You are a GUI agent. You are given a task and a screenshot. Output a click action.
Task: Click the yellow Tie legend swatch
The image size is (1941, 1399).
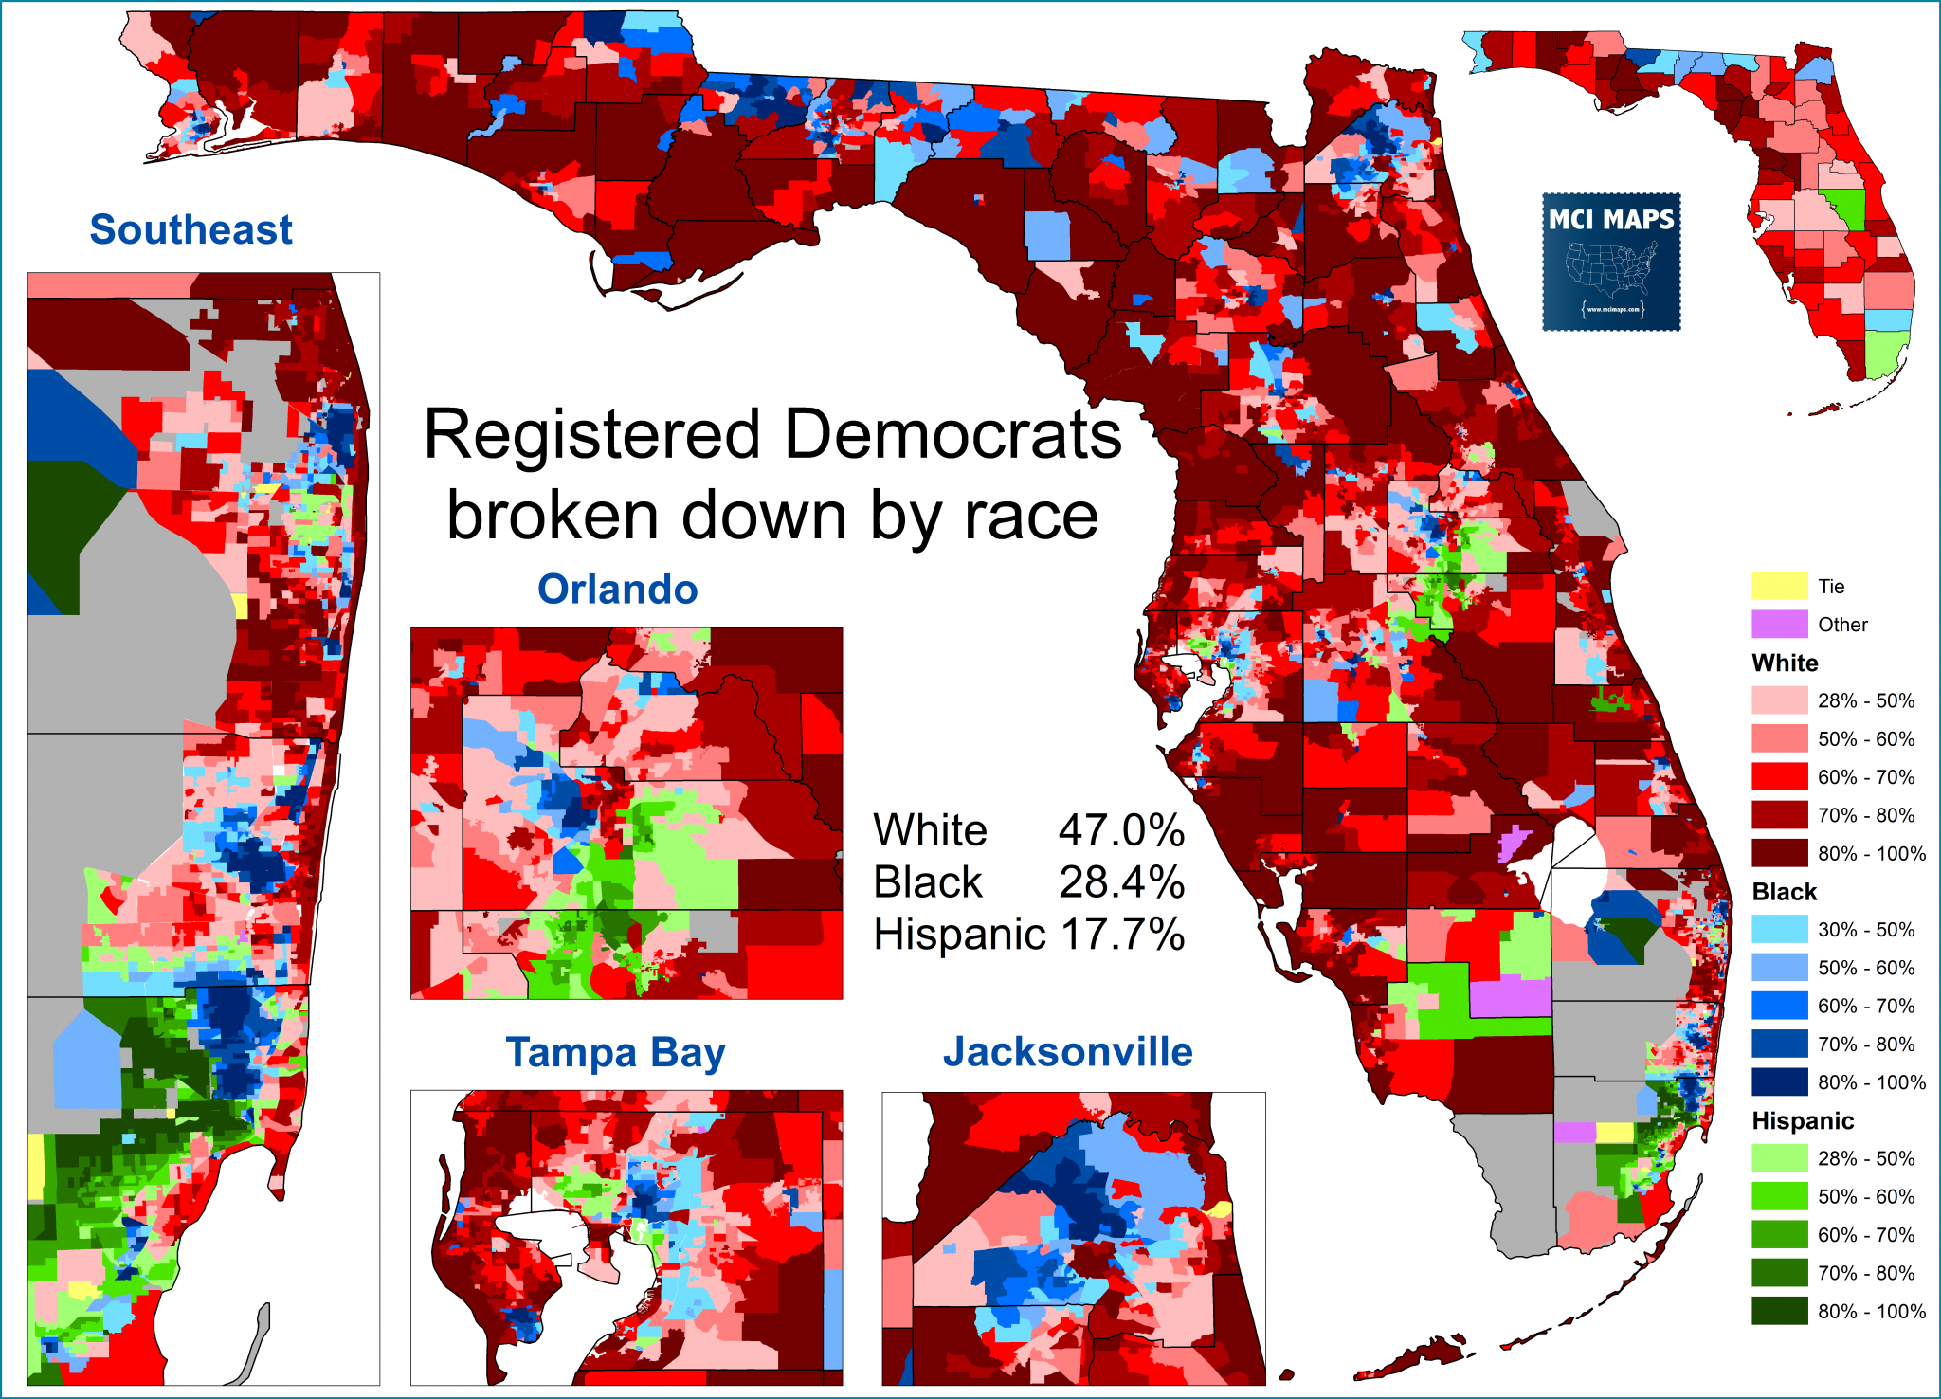click(x=1779, y=586)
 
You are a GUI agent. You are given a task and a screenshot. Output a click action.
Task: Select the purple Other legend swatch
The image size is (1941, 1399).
click(x=1779, y=624)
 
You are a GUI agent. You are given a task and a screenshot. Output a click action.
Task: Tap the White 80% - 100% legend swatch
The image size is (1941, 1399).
click(x=1779, y=853)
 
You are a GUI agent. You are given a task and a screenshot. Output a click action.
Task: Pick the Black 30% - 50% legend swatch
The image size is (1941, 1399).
click(x=1779, y=929)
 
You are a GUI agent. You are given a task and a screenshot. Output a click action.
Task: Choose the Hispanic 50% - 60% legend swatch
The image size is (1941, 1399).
click(x=1779, y=1196)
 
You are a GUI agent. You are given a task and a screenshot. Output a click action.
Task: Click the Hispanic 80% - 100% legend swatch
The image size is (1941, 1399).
click(x=1779, y=1311)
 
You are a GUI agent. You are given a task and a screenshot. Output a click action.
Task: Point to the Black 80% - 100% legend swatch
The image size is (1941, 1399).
click(x=1779, y=1081)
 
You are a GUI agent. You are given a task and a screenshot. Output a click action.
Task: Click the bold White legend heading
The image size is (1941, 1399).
click(x=1785, y=663)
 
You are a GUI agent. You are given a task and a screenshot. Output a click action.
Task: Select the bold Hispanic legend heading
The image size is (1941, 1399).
click(x=1802, y=1120)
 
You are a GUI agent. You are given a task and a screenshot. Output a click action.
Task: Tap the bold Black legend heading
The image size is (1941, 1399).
click(x=1784, y=891)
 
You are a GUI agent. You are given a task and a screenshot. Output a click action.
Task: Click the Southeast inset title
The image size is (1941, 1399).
click(x=190, y=229)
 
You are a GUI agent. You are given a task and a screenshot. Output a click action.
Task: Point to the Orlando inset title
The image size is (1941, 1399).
click(x=617, y=589)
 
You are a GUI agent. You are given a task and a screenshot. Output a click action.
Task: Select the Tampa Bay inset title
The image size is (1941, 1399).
click(x=615, y=1052)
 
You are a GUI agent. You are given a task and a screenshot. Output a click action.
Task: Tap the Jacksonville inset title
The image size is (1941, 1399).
click(x=1067, y=1052)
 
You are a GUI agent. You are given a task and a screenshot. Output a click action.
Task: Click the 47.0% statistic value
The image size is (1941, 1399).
click(x=1121, y=830)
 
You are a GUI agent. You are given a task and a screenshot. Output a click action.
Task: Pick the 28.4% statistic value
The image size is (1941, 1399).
click(x=1121, y=881)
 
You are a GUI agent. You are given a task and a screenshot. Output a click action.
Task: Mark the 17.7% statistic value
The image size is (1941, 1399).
click(x=1121, y=934)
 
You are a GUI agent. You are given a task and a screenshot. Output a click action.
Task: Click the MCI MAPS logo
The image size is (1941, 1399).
click(x=1611, y=262)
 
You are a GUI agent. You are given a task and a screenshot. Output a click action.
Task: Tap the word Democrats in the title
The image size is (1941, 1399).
click(x=952, y=435)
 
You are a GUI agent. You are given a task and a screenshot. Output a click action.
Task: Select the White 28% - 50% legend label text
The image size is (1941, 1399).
click(x=1865, y=700)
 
